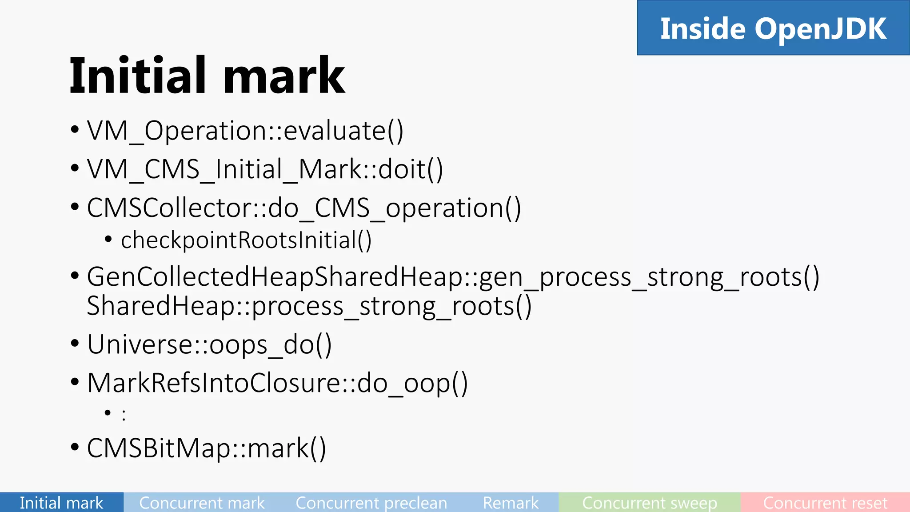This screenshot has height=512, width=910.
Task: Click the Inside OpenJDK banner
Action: pos(773,28)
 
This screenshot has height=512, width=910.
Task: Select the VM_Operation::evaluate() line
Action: pos(245,131)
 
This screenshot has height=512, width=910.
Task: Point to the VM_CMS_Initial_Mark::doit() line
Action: pos(265,169)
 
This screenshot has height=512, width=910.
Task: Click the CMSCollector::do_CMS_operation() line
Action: pos(304,208)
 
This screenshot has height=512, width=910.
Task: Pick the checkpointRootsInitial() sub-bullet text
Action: pos(246,240)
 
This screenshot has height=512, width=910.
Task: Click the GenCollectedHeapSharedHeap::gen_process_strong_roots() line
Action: pos(453,276)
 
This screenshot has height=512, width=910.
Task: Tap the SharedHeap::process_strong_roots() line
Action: pos(309,306)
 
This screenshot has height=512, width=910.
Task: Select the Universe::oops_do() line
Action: pos(209,344)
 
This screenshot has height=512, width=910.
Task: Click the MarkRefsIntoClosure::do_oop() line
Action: pos(277,383)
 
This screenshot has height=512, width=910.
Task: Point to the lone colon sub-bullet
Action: pos(124,415)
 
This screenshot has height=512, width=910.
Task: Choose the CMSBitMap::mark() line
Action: pos(206,448)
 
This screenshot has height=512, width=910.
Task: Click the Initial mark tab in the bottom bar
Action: pos(61,503)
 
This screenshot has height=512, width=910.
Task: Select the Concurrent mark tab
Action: pos(202,503)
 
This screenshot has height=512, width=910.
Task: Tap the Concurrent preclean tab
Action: pos(371,503)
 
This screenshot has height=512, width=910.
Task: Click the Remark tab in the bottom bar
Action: pos(511,503)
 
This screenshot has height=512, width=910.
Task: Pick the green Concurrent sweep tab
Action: pos(649,503)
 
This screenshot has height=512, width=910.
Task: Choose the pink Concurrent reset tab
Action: pos(825,503)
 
